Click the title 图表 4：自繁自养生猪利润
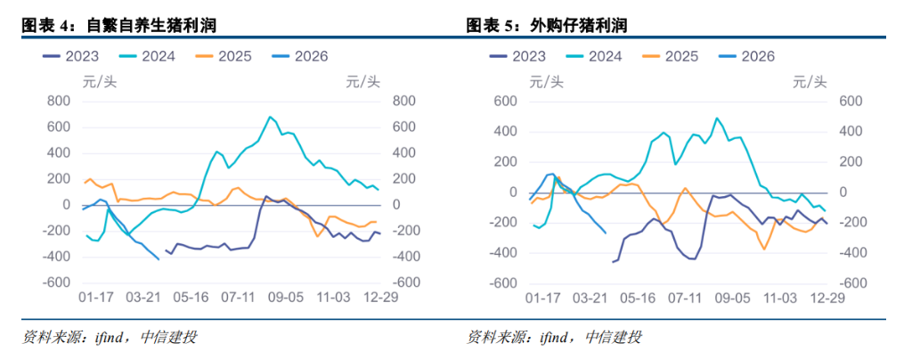119,25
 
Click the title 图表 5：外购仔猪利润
546,25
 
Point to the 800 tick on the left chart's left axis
58,102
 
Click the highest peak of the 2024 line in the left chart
270,117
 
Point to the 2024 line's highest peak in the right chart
716,118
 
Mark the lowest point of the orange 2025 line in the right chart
763,249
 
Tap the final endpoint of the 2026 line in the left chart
159,259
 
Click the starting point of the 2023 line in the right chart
612,262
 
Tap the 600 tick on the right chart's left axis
506,102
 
